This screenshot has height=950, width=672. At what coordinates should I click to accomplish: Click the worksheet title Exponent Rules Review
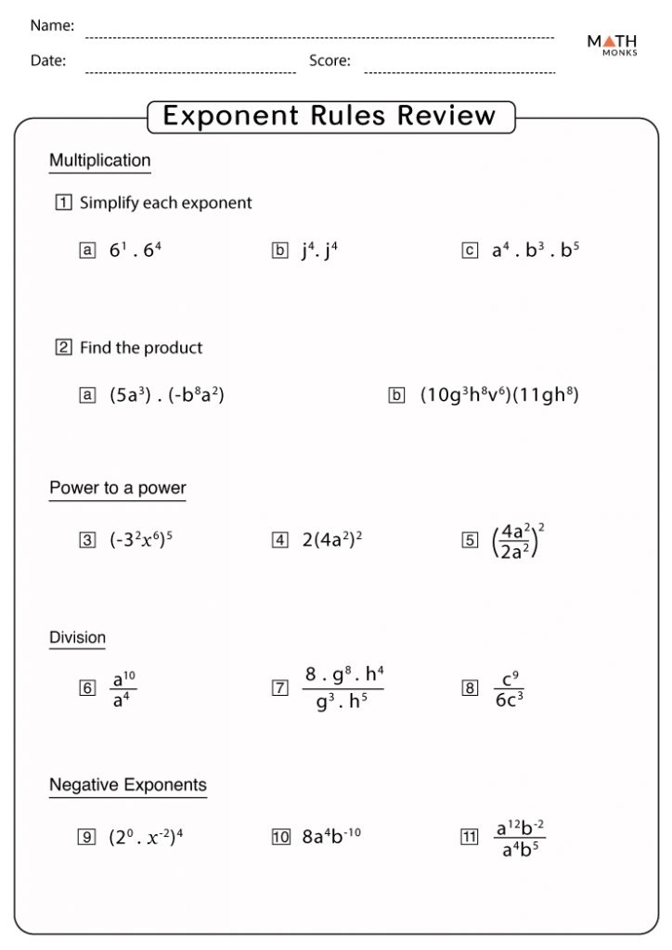pos(330,116)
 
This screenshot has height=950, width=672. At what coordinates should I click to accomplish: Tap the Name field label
pos(52,26)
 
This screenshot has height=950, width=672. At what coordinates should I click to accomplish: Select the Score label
pos(330,61)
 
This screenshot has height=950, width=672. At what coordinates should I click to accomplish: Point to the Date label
pos(48,61)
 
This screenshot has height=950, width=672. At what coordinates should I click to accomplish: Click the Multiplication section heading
pos(99,160)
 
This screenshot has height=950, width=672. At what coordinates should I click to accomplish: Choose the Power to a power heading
pos(118,488)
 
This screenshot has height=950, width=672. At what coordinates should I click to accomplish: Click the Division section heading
pos(78,637)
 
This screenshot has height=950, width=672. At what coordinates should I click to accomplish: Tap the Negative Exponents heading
pos(128,786)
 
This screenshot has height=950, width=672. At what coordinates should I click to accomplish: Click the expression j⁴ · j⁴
pos(319,250)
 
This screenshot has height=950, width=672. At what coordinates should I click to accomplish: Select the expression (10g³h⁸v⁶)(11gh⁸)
pos(499,394)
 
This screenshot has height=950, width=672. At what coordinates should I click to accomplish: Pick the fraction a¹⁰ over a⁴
pos(123,687)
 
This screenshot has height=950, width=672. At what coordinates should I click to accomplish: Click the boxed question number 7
pos(279,687)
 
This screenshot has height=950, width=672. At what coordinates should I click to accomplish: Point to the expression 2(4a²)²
pos(331,539)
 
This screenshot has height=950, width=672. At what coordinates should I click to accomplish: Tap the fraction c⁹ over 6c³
pos(509,687)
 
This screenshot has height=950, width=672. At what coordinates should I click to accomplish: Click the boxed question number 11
pos(469,836)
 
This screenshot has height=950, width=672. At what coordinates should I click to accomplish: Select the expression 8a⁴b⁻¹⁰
pos(331,836)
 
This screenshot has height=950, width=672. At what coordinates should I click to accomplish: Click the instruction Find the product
pos(141,348)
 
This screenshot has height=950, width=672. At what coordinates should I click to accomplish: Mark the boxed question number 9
pos(87,836)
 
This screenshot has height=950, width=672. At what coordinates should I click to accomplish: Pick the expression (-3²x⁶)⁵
pos(141,539)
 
